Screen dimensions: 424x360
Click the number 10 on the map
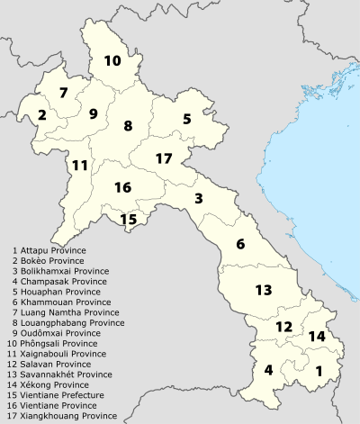click(112, 61)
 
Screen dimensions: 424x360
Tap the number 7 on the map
click(63, 93)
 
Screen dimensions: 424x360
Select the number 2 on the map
click(42, 114)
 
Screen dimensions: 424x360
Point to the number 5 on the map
click(186, 119)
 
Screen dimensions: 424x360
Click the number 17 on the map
click(163, 158)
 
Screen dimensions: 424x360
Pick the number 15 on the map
click(129, 219)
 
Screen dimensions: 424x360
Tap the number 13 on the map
click(263, 290)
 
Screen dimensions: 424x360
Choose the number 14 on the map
click(316, 336)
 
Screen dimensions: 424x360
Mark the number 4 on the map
click(268, 370)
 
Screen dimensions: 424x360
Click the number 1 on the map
click(318, 370)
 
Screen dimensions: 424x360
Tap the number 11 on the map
click(80, 165)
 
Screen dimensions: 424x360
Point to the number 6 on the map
click(240, 244)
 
